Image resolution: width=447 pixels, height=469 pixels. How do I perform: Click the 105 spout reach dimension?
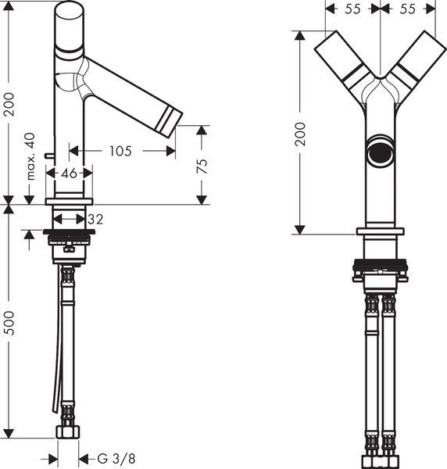(x=120, y=151)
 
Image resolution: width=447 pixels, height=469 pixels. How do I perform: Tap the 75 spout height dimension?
(x=202, y=166)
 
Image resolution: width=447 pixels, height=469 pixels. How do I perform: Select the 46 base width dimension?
(x=69, y=173)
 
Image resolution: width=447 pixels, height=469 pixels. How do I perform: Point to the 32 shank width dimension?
(x=95, y=219)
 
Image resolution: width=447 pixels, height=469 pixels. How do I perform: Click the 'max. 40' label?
(x=30, y=156)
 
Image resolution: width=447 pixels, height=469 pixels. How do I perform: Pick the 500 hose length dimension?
(x=9, y=323)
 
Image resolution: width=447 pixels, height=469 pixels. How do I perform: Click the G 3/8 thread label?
(x=116, y=458)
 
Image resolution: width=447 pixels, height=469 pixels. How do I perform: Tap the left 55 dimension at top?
(x=352, y=9)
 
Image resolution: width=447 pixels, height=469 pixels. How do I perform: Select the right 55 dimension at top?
(x=408, y=9)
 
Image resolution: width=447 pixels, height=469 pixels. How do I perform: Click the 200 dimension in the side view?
(x=9, y=105)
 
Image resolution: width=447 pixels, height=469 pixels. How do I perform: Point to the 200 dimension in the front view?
(x=300, y=134)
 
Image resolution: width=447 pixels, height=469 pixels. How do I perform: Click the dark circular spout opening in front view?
(x=381, y=152)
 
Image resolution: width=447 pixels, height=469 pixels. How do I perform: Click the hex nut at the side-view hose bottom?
(x=68, y=432)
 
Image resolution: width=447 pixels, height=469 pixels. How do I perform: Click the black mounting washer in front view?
(x=381, y=264)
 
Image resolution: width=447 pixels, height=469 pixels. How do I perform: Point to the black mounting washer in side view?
(x=69, y=232)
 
